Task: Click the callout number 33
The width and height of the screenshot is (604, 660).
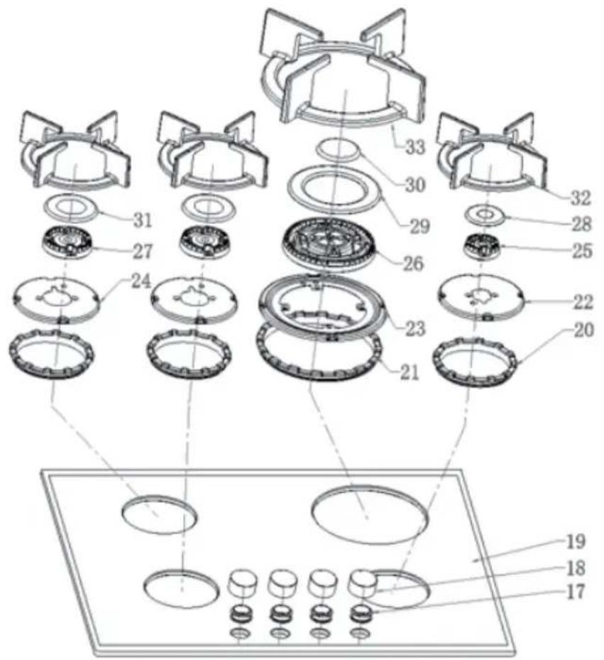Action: (415, 147)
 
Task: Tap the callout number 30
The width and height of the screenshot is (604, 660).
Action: (414, 185)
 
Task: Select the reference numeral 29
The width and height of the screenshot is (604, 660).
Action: (419, 226)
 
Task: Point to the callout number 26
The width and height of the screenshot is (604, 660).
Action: (412, 264)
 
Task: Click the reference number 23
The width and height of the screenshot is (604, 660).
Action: (415, 328)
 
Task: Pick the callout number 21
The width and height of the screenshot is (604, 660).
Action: (410, 372)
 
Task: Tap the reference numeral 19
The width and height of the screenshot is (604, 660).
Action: (576, 542)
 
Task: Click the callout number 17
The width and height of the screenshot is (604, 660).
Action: (576, 592)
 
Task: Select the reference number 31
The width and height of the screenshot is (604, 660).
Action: (143, 220)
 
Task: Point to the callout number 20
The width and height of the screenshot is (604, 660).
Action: (583, 330)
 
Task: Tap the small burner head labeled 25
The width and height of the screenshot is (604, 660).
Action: (483, 247)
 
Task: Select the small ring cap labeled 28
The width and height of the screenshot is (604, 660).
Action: (485, 215)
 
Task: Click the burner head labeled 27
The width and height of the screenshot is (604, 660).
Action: (67, 243)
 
